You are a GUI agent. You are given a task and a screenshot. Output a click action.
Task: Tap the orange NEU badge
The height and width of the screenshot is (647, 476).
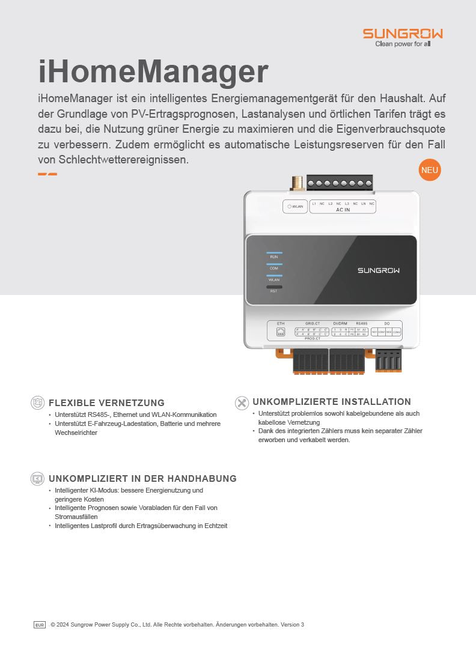point(429,170)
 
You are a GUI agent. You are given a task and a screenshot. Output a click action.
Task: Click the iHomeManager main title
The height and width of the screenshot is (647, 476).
point(153,71)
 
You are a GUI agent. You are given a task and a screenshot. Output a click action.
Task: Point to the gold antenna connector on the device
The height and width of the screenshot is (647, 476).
point(296,183)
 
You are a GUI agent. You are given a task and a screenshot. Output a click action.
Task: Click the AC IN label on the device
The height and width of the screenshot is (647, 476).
point(343,210)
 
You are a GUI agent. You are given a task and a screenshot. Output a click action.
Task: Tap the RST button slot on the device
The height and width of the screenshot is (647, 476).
point(274,287)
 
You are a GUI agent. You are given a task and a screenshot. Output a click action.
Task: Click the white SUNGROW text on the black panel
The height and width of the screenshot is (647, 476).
point(379,270)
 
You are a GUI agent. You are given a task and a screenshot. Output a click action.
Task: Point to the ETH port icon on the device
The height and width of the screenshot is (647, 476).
point(281,332)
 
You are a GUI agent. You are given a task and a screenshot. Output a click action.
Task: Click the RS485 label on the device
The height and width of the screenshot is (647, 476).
point(361,324)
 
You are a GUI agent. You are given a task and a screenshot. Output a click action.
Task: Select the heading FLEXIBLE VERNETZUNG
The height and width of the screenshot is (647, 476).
point(106,402)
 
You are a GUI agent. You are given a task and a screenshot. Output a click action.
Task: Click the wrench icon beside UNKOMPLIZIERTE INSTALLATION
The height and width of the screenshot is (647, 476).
point(242,402)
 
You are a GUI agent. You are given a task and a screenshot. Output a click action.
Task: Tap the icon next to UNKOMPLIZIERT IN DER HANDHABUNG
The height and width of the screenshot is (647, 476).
point(37,479)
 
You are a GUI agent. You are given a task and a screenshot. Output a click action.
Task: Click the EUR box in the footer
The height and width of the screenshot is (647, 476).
point(40,625)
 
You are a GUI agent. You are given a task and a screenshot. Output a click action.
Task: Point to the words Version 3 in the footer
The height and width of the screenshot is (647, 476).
point(293,625)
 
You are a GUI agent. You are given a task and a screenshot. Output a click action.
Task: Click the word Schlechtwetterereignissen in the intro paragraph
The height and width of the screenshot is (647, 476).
point(124,160)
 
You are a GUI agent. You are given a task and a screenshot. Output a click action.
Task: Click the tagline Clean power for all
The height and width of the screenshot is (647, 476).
point(403,44)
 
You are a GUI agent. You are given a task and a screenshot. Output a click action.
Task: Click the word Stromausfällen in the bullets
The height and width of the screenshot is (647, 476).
point(76,517)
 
